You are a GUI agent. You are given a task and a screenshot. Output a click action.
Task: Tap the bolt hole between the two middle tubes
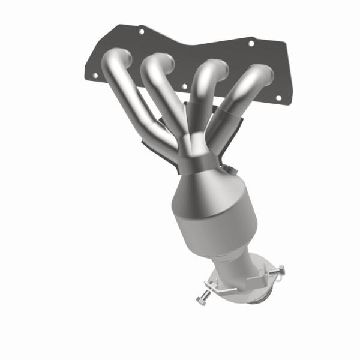pos(185,86)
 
